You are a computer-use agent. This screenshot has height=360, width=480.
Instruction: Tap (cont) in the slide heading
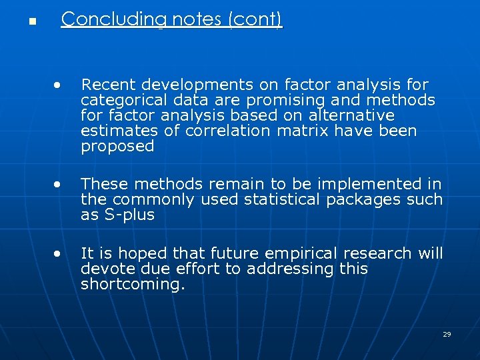click(x=255, y=20)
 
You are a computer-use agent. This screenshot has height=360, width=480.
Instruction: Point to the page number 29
click(x=447, y=334)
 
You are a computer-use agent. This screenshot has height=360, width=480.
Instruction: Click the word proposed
click(x=117, y=147)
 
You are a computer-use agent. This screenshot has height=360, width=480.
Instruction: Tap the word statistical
click(x=281, y=199)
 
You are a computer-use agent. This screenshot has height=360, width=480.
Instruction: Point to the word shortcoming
click(x=130, y=285)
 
